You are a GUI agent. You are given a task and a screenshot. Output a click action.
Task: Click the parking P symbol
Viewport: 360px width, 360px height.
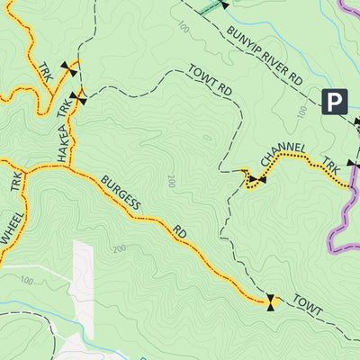[x=335, y=102]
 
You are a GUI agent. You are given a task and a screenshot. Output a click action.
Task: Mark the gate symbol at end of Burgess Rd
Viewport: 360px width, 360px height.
[x=270, y=301]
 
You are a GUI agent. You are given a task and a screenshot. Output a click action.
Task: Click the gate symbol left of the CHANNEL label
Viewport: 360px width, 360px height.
[x=256, y=181]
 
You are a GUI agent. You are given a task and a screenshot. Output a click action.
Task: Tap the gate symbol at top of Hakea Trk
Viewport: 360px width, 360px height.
[x=77, y=100]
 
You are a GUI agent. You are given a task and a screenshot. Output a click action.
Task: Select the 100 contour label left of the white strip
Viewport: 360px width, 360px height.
[x=27, y=281]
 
